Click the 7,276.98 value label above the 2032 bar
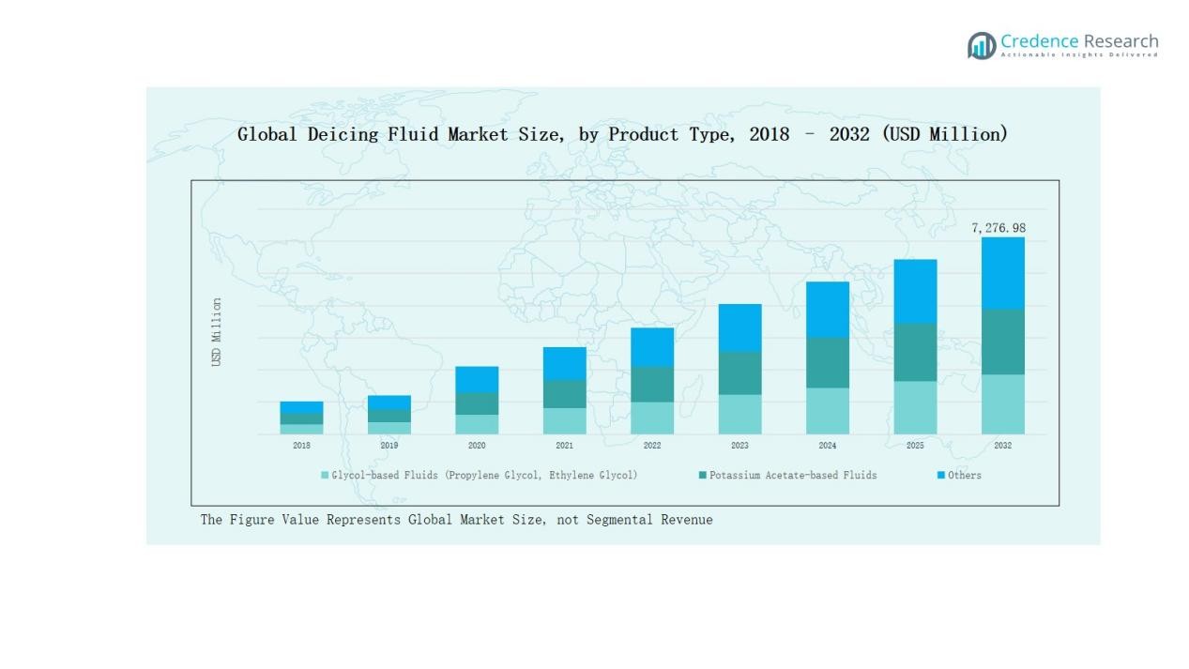[x=998, y=228]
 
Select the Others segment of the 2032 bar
[x=1002, y=273]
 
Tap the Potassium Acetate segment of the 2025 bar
[x=915, y=352]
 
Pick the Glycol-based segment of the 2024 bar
[x=827, y=410]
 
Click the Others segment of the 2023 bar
[x=739, y=327]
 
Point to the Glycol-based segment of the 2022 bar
[x=652, y=418]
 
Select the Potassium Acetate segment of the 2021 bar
[x=564, y=393]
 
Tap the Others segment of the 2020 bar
[x=477, y=379]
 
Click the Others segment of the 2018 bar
[x=301, y=407]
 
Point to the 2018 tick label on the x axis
[x=301, y=446]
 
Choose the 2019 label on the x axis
[x=389, y=446]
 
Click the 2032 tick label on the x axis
[x=1002, y=446]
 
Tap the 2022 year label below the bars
[x=652, y=446]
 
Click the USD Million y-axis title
[x=217, y=332]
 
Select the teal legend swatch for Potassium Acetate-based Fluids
[x=702, y=476]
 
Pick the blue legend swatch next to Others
[x=941, y=476]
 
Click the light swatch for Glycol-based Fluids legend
[x=325, y=476]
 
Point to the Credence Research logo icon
[x=982, y=45]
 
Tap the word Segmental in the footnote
[x=623, y=520]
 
